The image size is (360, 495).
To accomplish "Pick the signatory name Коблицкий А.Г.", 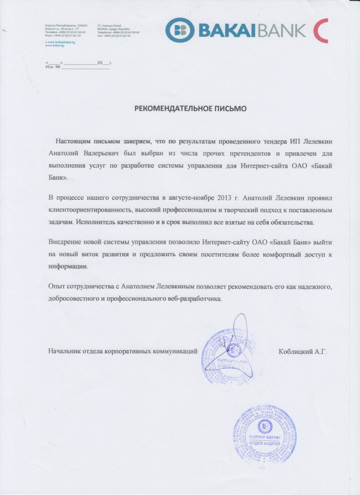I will tap(302, 352).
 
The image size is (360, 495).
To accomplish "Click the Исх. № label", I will tap(52, 67).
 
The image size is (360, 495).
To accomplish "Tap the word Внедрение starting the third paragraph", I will tap(67, 242).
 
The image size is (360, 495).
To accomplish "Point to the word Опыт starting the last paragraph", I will tap(58, 287).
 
